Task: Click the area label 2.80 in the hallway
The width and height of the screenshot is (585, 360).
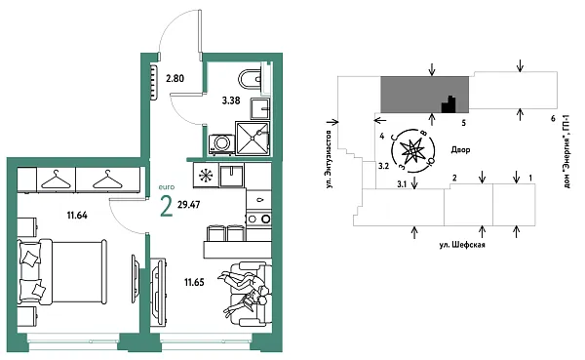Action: click(175, 78)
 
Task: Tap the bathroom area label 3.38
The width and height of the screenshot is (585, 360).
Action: click(231, 100)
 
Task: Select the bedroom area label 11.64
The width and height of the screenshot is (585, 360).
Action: click(77, 215)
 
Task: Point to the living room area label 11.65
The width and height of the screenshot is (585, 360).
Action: click(194, 282)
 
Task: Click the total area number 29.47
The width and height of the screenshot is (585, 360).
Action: click(189, 205)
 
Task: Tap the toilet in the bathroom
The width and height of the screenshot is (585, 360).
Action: click(251, 79)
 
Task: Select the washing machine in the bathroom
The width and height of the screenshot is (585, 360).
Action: click(221, 143)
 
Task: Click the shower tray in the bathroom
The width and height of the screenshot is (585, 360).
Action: click(253, 139)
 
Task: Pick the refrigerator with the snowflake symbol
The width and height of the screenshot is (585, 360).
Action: click(206, 176)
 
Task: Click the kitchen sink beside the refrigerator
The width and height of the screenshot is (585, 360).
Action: click(232, 176)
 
